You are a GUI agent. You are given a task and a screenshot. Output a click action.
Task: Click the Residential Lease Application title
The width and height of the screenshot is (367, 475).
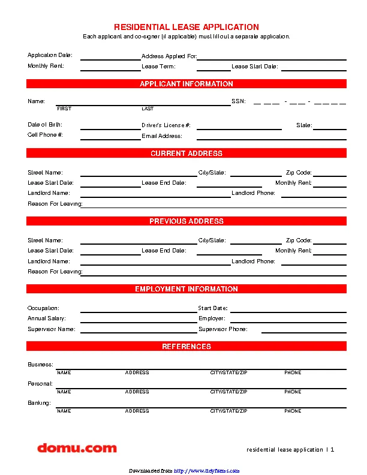pos(186,27)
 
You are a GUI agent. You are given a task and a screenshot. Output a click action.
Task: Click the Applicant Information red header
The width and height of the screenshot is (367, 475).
pos(186,84)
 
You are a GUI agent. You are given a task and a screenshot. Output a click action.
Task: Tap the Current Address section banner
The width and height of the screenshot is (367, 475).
pos(186,154)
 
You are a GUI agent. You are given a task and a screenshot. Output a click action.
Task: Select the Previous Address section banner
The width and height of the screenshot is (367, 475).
pos(186,221)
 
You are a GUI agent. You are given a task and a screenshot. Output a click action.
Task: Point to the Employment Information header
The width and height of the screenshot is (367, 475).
pos(186,289)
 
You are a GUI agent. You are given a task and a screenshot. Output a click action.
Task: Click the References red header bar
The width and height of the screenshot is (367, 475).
pos(186,347)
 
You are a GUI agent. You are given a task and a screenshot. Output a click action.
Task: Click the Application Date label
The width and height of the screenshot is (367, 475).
pos(50,55)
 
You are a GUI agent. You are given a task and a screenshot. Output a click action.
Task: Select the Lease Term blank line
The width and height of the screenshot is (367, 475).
pos(197,70)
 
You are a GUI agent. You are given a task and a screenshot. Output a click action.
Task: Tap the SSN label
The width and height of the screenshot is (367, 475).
pos(238,101)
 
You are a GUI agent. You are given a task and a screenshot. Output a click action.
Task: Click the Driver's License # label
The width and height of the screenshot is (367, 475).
pos(166,125)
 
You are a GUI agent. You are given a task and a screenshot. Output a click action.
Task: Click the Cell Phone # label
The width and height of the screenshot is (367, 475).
pos(45,135)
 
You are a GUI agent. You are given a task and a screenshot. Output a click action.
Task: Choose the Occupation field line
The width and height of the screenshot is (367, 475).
pos(139,312)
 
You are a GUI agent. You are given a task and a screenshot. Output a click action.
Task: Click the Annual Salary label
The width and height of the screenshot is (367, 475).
pos(47,318)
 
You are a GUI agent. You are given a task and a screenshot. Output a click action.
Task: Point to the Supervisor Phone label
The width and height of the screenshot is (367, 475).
pos(222,329)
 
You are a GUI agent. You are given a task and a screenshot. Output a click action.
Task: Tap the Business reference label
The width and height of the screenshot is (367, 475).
pos(40,365)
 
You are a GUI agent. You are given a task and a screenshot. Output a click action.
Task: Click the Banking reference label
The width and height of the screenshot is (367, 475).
pos(39,403)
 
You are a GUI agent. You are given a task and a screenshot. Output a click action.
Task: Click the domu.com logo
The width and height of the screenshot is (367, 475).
pos(77,447)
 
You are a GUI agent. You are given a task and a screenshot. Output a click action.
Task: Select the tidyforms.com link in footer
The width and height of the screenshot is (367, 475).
pos(207,470)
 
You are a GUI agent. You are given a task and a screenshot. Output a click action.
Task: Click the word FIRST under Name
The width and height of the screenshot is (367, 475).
pos(64,109)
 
